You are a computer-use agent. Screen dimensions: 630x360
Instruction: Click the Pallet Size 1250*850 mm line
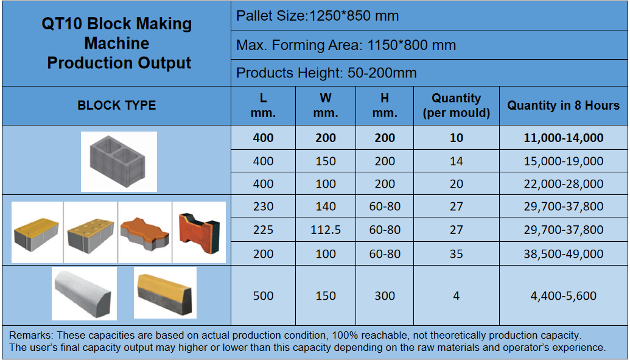(x=317, y=16)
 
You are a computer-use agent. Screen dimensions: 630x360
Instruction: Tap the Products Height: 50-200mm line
(x=326, y=73)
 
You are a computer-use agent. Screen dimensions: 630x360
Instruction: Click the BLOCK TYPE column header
(x=116, y=105)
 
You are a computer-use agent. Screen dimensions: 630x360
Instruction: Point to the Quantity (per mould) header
(x=456, y=105)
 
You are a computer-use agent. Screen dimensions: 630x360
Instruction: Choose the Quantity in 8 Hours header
(x=563, y=105)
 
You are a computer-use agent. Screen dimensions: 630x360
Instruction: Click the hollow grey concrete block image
(x=119, y=161)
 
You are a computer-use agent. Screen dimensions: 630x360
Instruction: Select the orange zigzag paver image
(x=145, y=232)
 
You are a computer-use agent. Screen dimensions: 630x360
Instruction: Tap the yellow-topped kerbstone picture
(x=165, y=292)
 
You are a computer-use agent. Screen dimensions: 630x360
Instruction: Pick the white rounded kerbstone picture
(x=85, y=293)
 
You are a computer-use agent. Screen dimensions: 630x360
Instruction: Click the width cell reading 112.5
(x=326, y=230)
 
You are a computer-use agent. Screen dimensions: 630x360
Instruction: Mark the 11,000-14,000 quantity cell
(x=563, y=138)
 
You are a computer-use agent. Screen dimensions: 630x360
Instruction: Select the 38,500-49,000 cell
(x=563, y=254)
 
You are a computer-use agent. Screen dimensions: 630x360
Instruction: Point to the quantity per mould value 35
(x=456, y=254)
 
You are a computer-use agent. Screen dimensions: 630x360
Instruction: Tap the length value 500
(x=263, y=295)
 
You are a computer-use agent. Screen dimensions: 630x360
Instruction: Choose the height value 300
(x=385, y=295)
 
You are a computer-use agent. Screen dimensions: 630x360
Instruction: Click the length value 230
(x=263, y=206)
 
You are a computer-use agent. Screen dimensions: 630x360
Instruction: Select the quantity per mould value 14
(x=456, y=161)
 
